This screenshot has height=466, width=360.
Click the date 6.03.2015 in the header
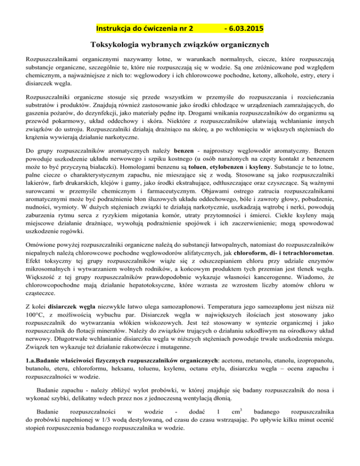pos(244,28)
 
